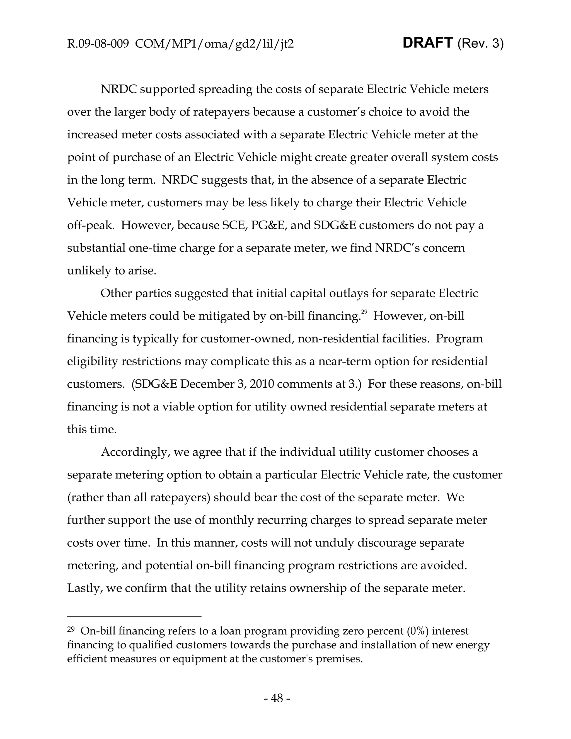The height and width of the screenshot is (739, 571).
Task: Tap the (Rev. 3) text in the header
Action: tap(480, 44)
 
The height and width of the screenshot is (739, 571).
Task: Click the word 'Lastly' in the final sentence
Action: tap(84, 588)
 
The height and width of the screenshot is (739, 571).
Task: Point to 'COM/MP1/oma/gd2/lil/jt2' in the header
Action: tap(214, 44)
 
